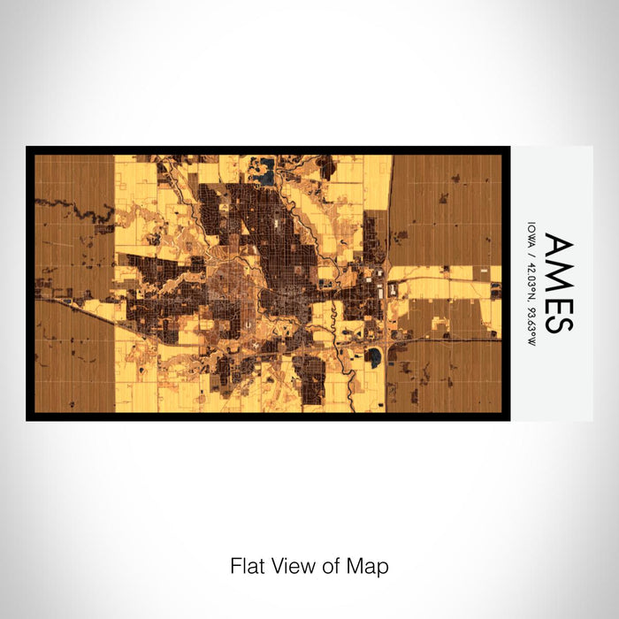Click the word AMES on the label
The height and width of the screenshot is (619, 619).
point(558,283)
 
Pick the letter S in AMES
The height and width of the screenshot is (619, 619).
point(558,321)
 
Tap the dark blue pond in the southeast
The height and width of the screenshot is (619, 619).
point(375,357)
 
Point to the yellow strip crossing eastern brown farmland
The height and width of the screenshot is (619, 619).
point(447,273)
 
